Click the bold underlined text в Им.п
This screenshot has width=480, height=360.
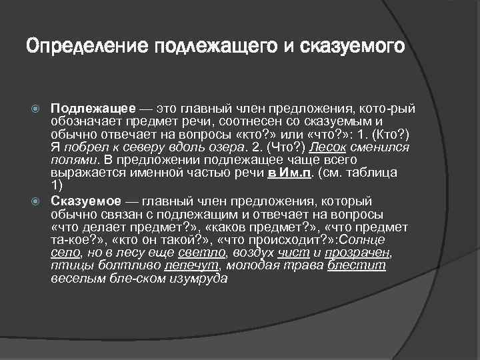point(291,172)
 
